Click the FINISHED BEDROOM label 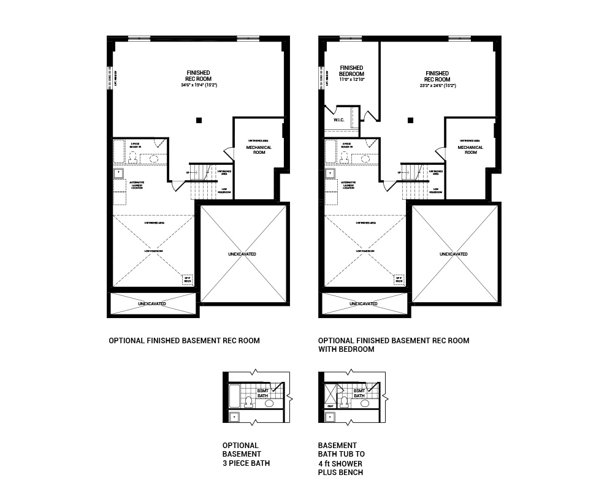point(351,71)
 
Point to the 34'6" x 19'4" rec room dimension point(199,85)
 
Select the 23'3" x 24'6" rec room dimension point(437,86)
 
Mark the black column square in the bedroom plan point(410,120)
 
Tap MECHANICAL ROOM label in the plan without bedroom point(259,150)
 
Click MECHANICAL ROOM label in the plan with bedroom point(470,150)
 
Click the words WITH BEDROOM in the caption point(346,349)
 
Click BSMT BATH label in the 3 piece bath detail point(262,394)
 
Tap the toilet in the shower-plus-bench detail point(344,401)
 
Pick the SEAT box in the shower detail point(330,405)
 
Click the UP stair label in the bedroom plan point(399,173)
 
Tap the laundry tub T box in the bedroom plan point(330,173)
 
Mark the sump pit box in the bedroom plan point(398,279)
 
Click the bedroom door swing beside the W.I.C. point(368,115)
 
